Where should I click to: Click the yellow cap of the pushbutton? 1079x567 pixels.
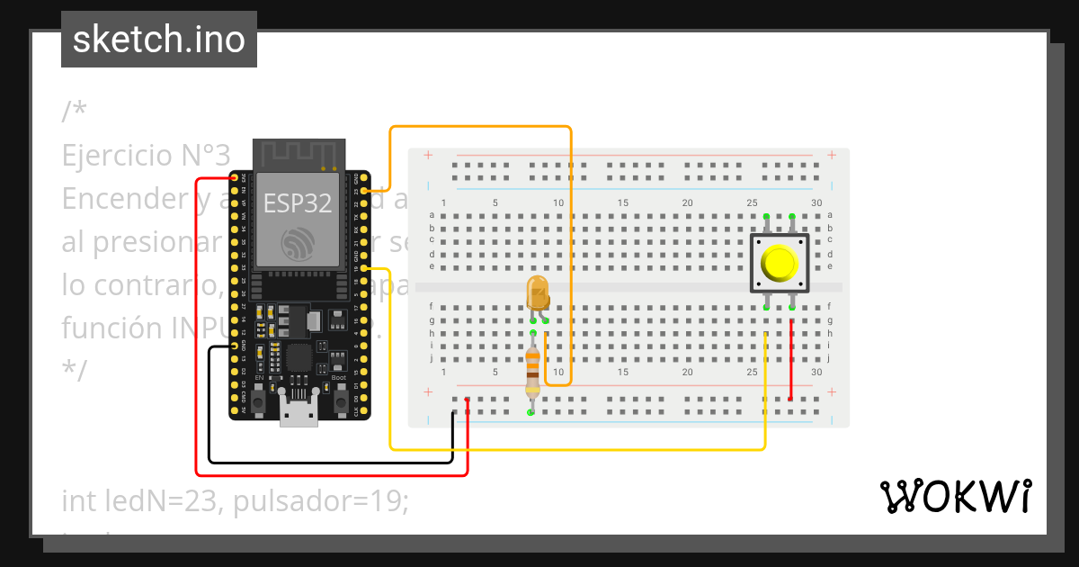[x=779, y=263]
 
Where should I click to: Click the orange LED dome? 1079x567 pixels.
[x=537, y=293]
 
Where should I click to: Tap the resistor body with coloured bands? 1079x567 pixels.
[x=532, y=372]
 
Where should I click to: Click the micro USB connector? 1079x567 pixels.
[x=298, y=412]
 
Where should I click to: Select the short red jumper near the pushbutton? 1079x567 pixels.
[x=790, y=360]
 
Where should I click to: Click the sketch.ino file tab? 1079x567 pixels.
[x=159, y=40]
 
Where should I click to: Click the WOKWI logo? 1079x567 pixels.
[x=955, y=497]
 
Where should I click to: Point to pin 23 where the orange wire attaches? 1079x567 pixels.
[x=364, y=191]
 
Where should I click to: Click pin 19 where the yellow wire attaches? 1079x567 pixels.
[x=364, y=268]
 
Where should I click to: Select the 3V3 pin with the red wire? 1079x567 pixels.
[x=235, y=178]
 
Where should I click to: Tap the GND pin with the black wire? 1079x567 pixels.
[x=235, y=346]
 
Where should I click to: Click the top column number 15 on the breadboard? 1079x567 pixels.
[x=623, y=203]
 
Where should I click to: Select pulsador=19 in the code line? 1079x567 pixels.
[x=321, y=501]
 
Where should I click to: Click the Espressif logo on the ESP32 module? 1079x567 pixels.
[x=298, y=244]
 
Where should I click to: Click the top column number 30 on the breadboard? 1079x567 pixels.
[x=816, y=203]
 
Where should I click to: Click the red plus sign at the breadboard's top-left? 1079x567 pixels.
[x=428, y=156]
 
